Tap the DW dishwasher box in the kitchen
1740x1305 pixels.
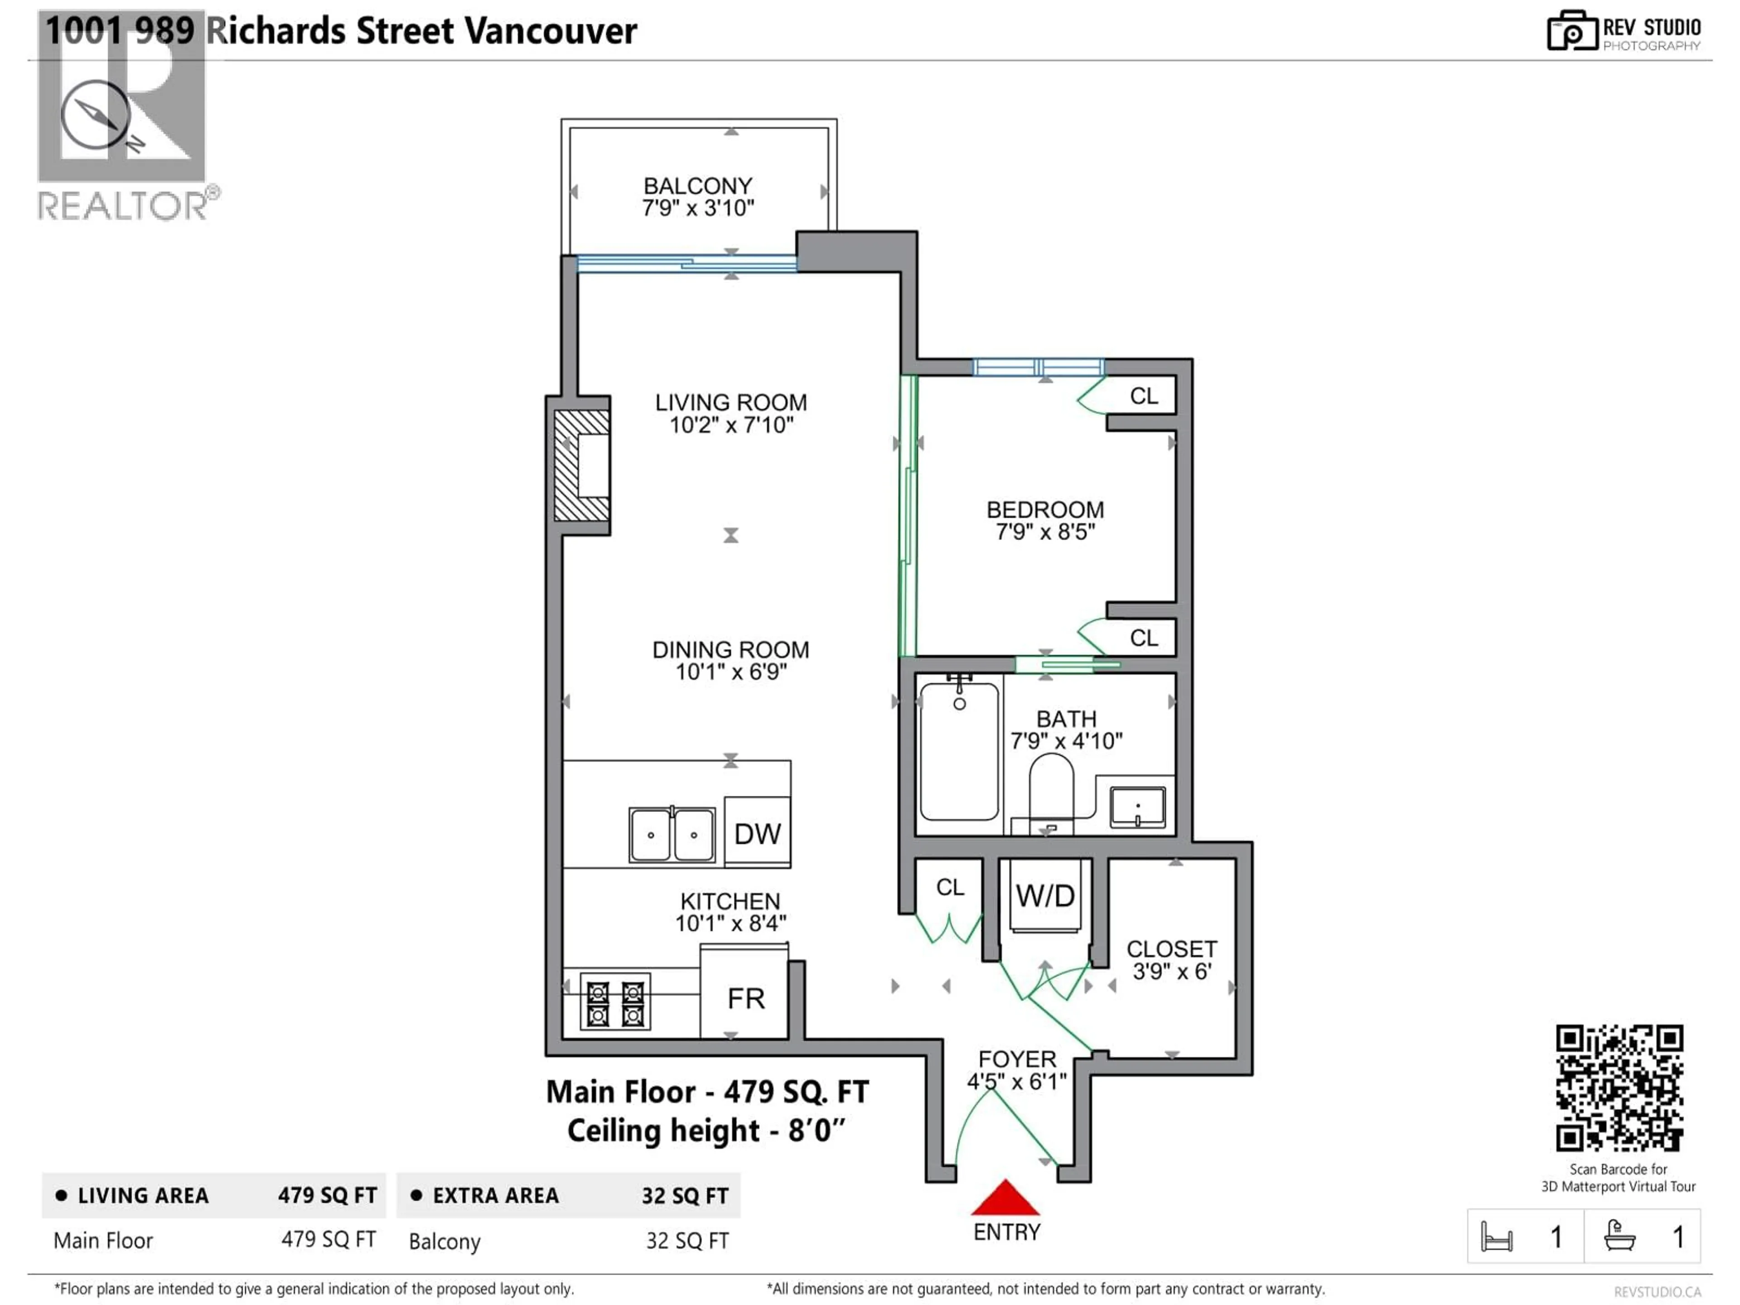pos(757,833)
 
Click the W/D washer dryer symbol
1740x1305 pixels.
pos(1044,896)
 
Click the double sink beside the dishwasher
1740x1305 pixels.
pos(672,835)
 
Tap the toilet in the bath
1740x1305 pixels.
pos(1051,791)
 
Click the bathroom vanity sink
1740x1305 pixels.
pos(1137,807)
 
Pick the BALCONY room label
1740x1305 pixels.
pos(698,186)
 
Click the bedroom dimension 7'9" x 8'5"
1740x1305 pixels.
pos(1044,532)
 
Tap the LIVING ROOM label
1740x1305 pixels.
pos(731,403)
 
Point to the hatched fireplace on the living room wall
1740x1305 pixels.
pos(581,466)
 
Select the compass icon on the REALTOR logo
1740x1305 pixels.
pos(96,116)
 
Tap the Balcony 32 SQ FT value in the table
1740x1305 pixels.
pos(687,1241)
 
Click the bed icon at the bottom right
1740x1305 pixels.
pos(1496,1237)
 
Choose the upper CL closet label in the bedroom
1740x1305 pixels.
pos(1144,396)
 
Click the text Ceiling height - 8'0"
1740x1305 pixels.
pos(706,1131)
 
